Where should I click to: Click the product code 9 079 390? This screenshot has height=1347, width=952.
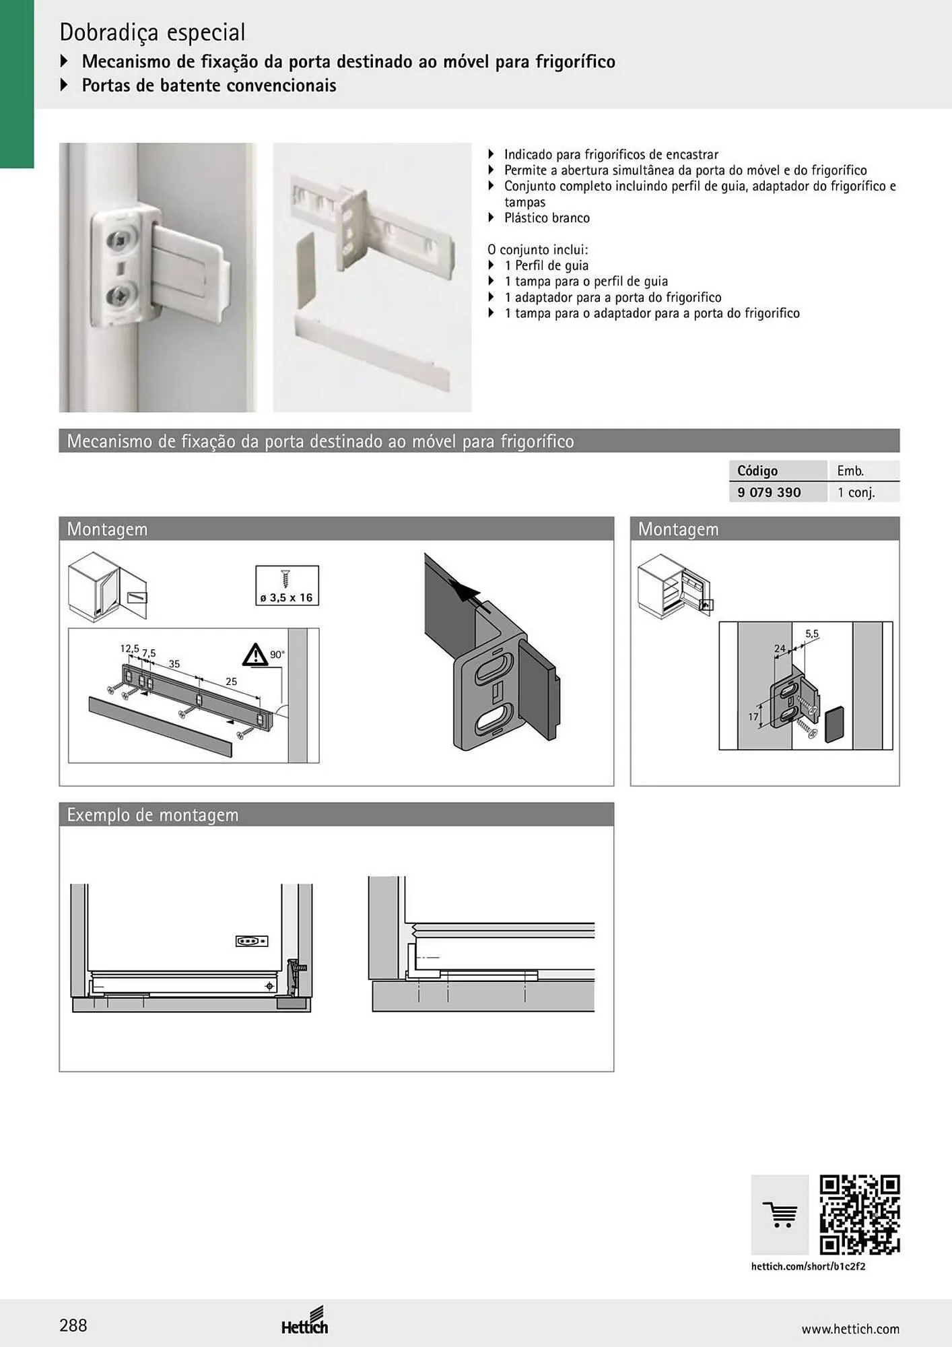click(769, 492)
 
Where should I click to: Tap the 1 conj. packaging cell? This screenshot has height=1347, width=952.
click(856, 492)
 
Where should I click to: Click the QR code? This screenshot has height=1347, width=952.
click(860, 1215)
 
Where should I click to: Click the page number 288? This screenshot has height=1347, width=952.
click(73, 1325)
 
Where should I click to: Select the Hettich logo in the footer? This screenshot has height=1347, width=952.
click(305, 1321)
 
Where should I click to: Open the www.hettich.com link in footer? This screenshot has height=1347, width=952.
click(850, 1329)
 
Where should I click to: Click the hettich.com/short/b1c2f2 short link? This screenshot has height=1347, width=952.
click(808, 1266)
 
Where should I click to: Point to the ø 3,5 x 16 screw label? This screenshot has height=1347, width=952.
click(287, 597)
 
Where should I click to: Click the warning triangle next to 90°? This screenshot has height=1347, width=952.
click(255, 655)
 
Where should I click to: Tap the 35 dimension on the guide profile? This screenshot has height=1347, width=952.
click(174, 664)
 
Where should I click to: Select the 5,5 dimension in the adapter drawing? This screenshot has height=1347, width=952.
click(812, 634)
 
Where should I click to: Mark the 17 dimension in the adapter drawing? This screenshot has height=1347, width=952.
click(753, 717)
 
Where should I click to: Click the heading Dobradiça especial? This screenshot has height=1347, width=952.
click(153, 32)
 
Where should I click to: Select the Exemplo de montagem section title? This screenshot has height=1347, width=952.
click(153, 815)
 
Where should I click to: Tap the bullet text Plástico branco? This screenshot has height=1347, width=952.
click(547, 218)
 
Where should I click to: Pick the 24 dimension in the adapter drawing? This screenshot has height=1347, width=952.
click(780, 649)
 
